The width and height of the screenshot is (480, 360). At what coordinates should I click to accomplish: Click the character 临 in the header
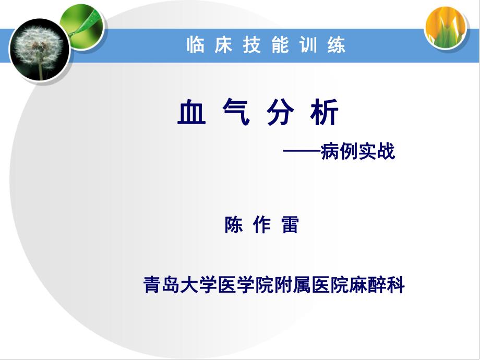tap(195, 46)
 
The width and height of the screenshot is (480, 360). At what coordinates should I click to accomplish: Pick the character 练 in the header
tap(337, 46)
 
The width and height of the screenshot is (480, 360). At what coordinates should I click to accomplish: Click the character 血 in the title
tap(190, 113)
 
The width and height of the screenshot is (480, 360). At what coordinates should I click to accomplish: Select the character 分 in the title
tap(280, 113)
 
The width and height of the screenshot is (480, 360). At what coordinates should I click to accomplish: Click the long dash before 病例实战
tap(302, 152)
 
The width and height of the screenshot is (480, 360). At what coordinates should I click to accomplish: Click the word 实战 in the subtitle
tap(376, 151)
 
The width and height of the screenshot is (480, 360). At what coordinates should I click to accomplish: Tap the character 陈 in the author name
tap(233, 225)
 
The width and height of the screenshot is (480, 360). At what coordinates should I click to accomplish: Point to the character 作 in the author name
tap(261, 225)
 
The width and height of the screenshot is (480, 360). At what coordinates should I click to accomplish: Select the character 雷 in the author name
tap(290, 225)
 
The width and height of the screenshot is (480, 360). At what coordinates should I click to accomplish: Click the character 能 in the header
tap(280, 46)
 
